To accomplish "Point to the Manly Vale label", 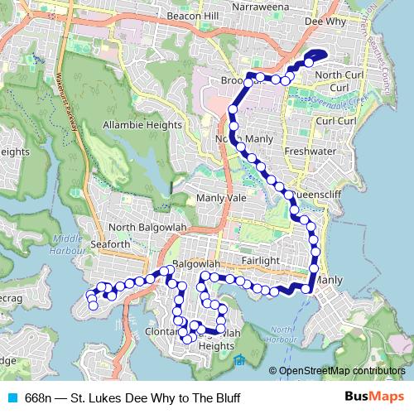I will (221, 199).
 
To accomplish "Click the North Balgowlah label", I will (146, 228).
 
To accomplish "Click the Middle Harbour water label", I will (66, 244).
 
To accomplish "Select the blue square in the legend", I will (12, 397).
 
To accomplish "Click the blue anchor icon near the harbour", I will (239, 359).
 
